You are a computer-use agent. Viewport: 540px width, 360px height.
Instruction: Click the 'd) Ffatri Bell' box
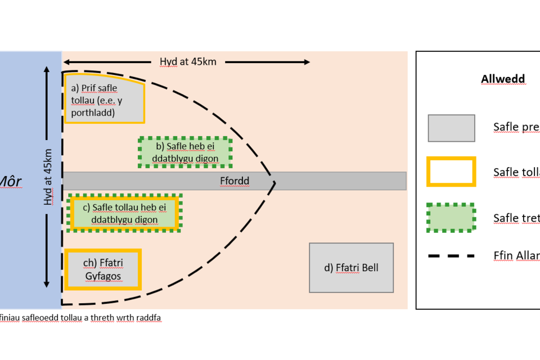click(351, 268)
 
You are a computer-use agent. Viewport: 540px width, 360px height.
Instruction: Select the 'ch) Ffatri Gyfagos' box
click(103, 269)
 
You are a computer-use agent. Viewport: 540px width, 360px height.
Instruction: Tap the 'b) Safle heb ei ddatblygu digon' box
click(185, 152)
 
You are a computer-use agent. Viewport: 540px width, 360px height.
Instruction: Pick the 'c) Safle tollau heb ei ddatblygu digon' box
click(123, 213)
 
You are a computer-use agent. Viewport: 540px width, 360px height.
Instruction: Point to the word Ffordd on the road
click(234, 181)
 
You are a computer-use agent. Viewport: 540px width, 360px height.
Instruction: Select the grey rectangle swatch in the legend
click(451, 128)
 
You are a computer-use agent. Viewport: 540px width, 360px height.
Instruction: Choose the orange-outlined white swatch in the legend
click(451, 172)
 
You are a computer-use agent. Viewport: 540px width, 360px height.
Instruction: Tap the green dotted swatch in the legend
click(451, 217)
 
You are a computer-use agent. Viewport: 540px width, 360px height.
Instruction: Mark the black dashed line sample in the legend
click(451, 256)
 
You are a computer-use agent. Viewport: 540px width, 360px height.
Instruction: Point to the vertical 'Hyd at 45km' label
click(48, 177)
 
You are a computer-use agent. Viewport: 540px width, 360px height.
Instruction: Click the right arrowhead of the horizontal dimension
click(306, 62)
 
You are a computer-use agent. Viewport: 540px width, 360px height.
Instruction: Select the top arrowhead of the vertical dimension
click(47, 69)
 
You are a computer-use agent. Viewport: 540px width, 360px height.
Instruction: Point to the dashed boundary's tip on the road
click(275, 182)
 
